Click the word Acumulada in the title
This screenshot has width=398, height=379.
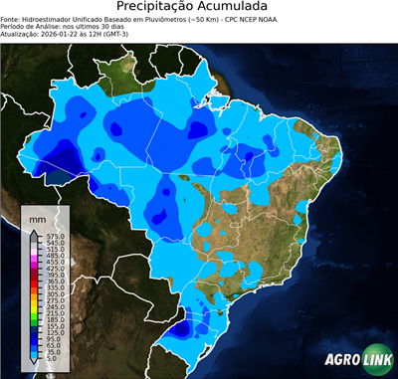coord(233,8)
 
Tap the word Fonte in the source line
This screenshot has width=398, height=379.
coord(11,20)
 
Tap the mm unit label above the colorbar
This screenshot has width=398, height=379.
coord(37,218)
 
